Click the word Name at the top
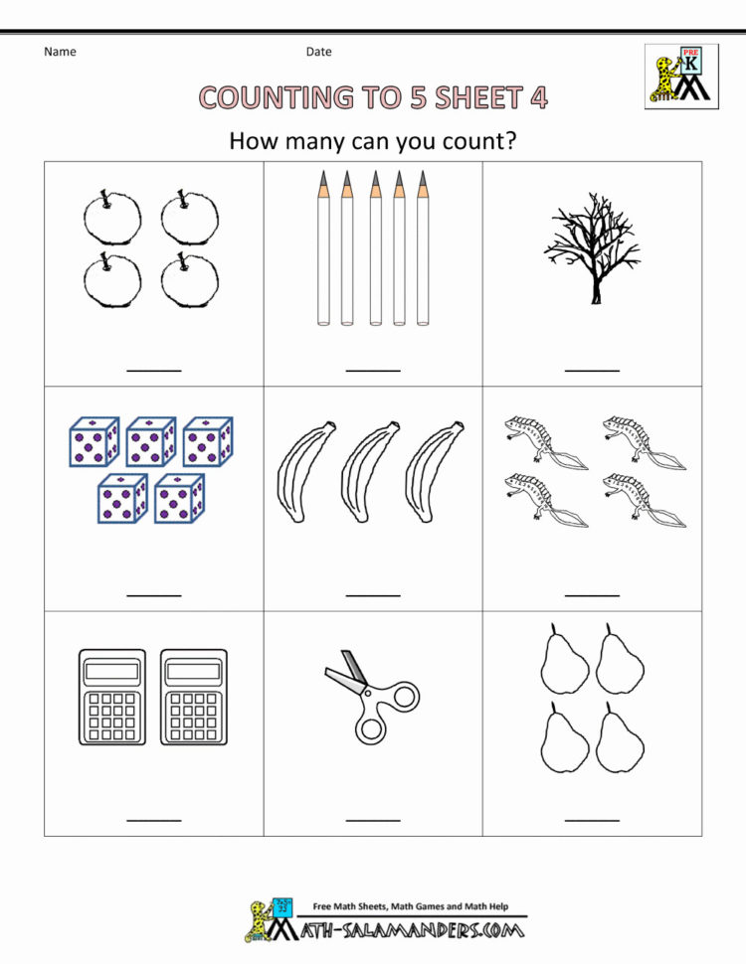(60, 52)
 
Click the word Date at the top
(318, 52)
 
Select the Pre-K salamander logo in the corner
(680, 76)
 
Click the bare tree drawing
(592, 249)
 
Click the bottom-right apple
(189, 281)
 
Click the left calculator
(110, 697)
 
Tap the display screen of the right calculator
(193, 672)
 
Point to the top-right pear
(619, 660)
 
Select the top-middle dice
(151, 441)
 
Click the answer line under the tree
(592, 371)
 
